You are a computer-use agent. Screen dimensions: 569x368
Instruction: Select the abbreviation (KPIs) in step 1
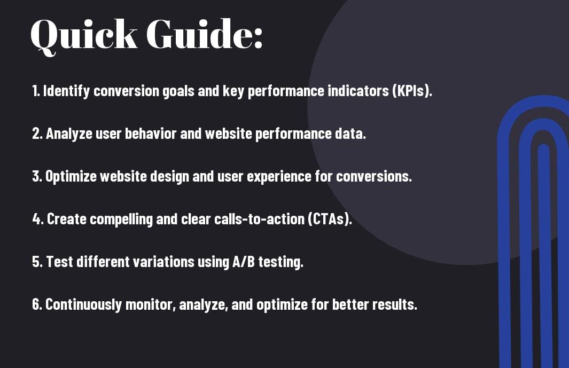pos(412,91)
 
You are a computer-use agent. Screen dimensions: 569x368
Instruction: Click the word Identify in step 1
pos(66,91)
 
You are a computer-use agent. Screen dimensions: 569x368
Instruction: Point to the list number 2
pos(37,134)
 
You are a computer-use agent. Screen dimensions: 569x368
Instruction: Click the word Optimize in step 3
pos(71,177)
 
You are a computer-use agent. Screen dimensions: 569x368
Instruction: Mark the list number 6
pos(37,304)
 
